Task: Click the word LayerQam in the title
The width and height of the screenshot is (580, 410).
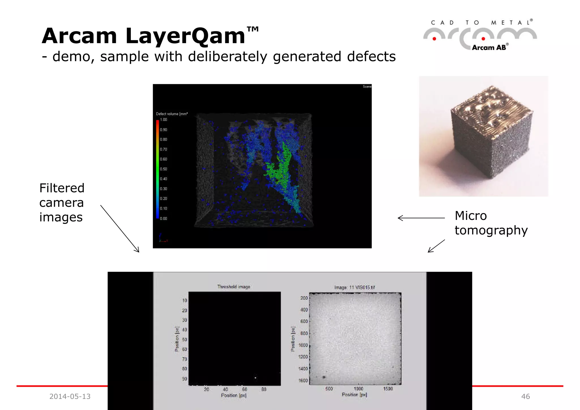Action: pyautogui.click(x=185, y=36)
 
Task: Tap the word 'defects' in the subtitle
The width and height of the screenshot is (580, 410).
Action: pyautogui.click(x=371, y=56)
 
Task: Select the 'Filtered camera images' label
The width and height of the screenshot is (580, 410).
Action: pyautogui.click(x=62, y=202)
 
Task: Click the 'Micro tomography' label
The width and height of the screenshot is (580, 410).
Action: pyautogui.click(x=491, y=223)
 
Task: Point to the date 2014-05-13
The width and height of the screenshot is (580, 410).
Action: pyautogui.click(x=70, y=396)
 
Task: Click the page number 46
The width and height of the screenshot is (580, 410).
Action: pyautogui.click(x=525, y=396)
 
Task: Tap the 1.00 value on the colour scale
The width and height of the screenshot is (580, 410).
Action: pyautogui.click(x=163, y=120)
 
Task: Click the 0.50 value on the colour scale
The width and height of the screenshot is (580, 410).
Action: pyautogui.click(x=163, y=169)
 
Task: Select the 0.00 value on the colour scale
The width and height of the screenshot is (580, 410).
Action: pyautogui.click(x=163, y=218)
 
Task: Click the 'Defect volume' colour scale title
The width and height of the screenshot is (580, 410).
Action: pyautogui.click(x=172, y=114)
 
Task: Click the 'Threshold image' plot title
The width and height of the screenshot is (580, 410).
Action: pyautogui.click(x=234, y=287)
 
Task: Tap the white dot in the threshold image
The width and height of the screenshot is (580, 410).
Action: pyautogui.click(x=255, y=378)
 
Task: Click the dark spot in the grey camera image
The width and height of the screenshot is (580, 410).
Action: pyautogui.click(x=324, y=377)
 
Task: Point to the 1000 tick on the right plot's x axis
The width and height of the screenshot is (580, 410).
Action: pyautogui.click(x=358, y=389)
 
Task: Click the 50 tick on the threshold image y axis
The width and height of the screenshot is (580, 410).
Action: pyautogui.click(x=184, y=339)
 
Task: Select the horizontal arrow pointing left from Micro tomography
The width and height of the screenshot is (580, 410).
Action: pyautogui.click(x=421, y=218)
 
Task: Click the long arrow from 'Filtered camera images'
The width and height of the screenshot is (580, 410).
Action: pyautogui.click(x=120, y=228)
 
